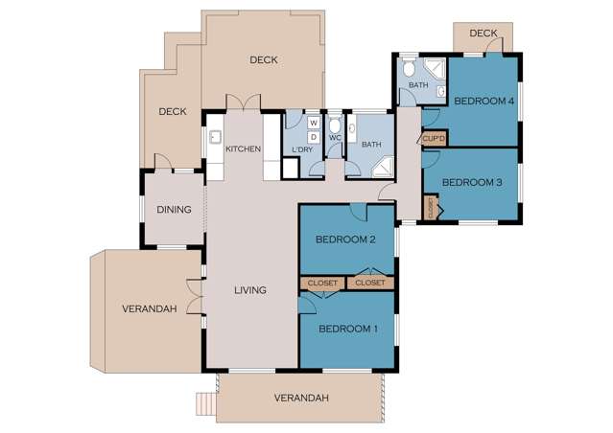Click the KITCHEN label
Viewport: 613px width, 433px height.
pyautogui.click(x=243, y=149)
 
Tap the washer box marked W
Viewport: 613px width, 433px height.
pyautogui.click(x=314, y=123)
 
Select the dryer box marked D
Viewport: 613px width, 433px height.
pyautogui.click(x=314, y=136)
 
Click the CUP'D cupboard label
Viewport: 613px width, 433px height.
pyautogui.click(x=434, y=139)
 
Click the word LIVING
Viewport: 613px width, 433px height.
pyautogui.click(x=250, y=289)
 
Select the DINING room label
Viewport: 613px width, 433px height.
pyautogui.click(x=174, y=210)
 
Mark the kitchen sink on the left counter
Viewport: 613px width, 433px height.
pyautogui.click(x=217, y=137)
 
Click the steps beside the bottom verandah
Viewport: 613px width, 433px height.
pyautogui.click(x=205, y=403)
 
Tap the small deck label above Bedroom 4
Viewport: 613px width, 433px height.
pyautogui.click(x=483, y=34)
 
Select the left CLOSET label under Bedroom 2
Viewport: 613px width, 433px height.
pyautogui.click(x=321, y=283)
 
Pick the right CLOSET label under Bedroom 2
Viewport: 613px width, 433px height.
pyautogui.click(x=369, y=283)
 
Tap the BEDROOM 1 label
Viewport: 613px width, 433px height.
pyautogui.click(x=346, y=329)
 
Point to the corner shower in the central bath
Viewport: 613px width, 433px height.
pyautogui.click(x=382, y=167)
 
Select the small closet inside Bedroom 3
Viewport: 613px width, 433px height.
pyautogui.click(x=431, y=206)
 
